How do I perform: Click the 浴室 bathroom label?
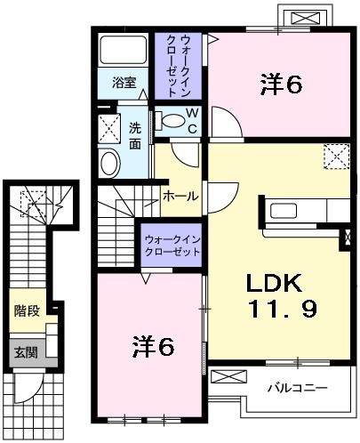tap(124, 83)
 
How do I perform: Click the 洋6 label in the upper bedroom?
tap(282, 85)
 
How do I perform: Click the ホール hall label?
tap(180, 196)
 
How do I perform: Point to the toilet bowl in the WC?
tap(166, 121)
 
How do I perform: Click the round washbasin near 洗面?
tap(109, 163)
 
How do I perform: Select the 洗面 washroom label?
tap(135, 134)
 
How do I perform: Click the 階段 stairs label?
tap(26, 311)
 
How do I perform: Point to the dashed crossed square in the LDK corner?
tap(337, 158)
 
